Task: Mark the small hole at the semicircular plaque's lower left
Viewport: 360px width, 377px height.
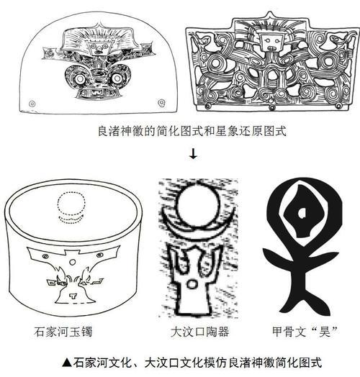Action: (x=32, y=104)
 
